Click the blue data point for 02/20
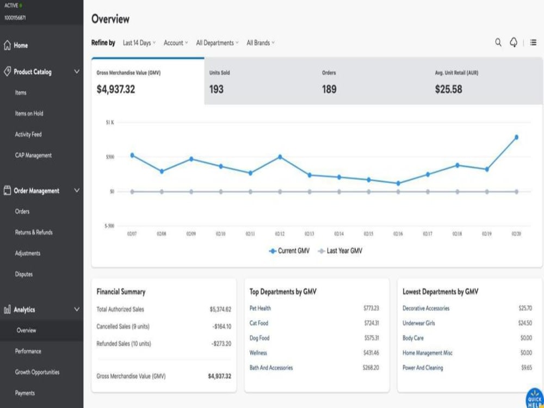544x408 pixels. tap(516, 138)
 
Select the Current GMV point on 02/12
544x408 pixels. tap(280, 157)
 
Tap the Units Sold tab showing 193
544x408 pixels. tap(260, 82)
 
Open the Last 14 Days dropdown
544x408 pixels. tap(139, 42)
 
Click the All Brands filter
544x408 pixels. tap(261, 42)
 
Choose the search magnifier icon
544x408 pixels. tap(498, 42)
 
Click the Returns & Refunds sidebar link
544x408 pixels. tap(34, 232)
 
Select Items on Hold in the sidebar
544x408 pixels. tap(29, 114)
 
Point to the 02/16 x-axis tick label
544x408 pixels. tap(398, 234)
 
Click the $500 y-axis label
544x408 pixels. tap(110, 157)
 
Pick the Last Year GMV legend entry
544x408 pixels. tap(340, 251)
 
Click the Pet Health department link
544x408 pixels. tap(260, 308)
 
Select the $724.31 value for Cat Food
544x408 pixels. tap(372, 323)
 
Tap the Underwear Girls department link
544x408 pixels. tap(419, 323)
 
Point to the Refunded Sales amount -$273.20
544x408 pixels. tap(222, 343)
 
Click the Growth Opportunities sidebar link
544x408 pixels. tap(37, 372)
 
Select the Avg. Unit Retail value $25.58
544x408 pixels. tap(449, 89)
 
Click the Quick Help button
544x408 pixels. tap(535, 398)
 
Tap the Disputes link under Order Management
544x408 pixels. tap(24, 274)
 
